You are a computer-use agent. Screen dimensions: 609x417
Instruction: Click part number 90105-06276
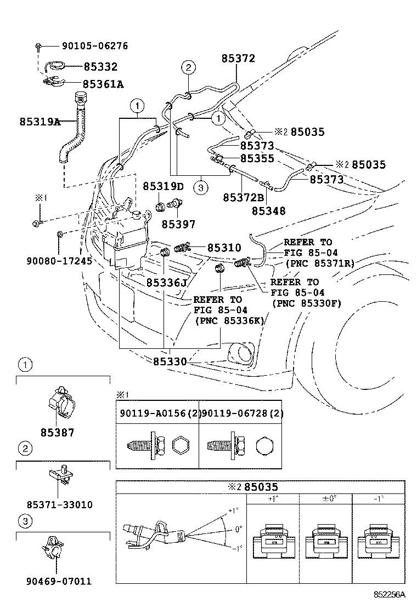point(91,47)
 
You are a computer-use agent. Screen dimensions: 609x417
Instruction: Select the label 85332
point(100,67)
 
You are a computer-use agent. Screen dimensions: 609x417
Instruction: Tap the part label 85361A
point(103,84)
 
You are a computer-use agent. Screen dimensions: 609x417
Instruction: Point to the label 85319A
point(40,122)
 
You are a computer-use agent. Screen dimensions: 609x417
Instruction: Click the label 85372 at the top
point(238,59)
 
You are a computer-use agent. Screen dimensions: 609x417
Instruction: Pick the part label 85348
point(269,210)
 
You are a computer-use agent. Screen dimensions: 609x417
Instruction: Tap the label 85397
point(178,224)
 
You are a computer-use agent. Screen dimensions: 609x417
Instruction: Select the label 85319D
point(164,186)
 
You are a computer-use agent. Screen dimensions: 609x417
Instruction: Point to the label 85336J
point(167,283)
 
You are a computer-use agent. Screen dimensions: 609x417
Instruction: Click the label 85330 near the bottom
point(170,362)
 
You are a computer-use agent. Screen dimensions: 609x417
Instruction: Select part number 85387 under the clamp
point(57,433)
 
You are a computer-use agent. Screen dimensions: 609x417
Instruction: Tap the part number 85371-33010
point(60,504)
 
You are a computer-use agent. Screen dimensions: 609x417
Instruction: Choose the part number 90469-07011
point(59,581)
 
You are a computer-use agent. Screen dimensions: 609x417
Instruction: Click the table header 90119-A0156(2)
point(158,413)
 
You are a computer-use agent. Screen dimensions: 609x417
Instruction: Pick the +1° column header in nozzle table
point(273,499)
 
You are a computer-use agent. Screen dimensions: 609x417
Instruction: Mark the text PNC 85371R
point(319,263)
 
